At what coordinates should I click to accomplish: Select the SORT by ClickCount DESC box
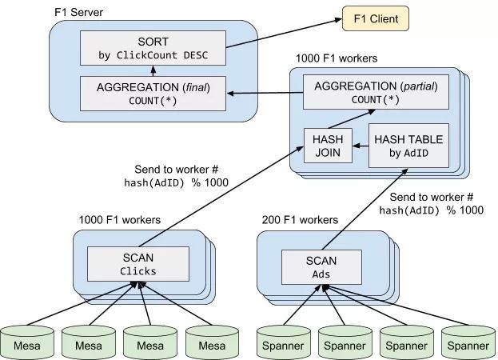(153, 49)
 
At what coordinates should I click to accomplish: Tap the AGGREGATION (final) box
(153, 93)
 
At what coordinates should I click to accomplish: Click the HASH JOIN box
(328, 145)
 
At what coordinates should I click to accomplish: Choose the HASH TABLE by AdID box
(408, 145)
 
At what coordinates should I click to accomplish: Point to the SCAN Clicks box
(138, 263)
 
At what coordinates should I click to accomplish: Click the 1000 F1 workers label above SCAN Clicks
(119, 219)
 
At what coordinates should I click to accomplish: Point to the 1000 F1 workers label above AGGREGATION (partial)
(337, 58)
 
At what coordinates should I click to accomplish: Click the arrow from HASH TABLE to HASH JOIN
(361, 145)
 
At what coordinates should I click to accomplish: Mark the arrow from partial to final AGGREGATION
(264, 93)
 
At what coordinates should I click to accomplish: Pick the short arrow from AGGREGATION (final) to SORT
(153, 71)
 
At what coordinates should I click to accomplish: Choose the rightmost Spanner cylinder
(467, 342)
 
